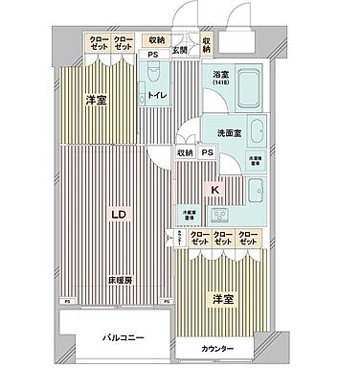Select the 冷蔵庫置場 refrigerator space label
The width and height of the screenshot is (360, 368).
pyautogui.click(x=191, y=215)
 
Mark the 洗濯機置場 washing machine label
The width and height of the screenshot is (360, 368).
pyautogui.click(x=256, y=160)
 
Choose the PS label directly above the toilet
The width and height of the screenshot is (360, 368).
pyautogui.click(x=151, y=55)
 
